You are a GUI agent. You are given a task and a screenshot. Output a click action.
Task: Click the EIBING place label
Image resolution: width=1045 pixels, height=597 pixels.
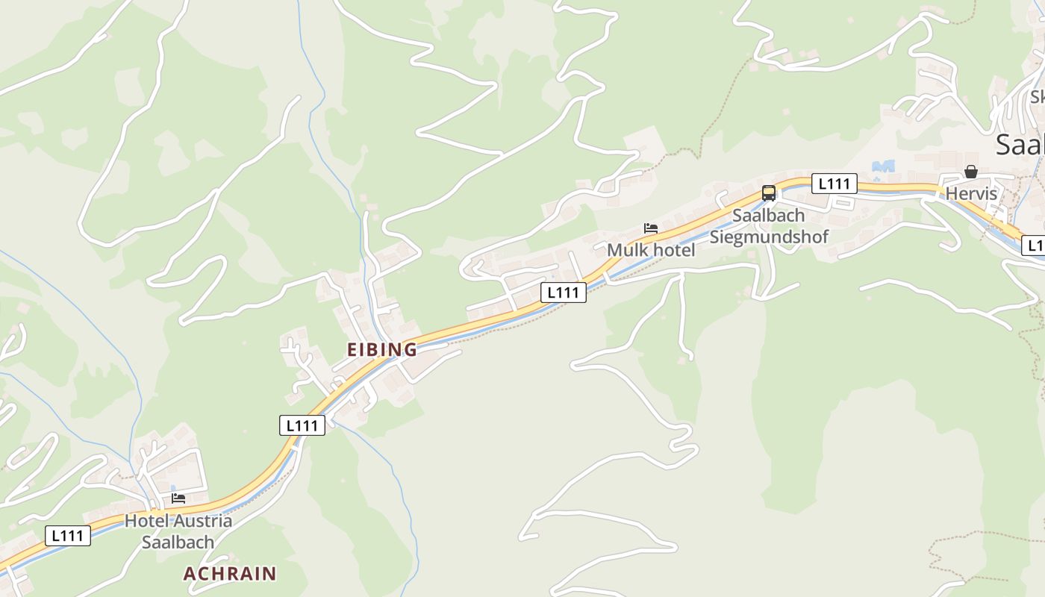click(x=381, y=349)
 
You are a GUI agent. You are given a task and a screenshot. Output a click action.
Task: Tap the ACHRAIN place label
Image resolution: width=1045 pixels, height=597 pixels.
click(x=230, y=574)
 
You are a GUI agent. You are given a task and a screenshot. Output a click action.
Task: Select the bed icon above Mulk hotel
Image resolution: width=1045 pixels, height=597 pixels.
click(x=651, y=228)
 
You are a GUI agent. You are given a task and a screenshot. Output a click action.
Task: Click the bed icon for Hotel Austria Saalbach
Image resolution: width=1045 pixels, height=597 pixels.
click(x=178, y=498)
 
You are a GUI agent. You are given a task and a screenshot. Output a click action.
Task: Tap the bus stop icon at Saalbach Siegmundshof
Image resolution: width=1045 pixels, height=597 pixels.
click(x=768, y=193)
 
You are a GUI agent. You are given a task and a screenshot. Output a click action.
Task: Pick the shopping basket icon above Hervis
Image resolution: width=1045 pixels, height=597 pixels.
click(x=970, y=172)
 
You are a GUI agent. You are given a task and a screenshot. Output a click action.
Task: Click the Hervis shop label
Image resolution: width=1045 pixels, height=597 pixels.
click(x=970, y=194)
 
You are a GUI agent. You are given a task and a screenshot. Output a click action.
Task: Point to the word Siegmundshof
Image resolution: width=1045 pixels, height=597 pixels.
click(x=768, y=237)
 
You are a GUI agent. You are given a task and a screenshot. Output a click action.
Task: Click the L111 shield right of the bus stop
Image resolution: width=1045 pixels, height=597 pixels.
click(x=835, y=184)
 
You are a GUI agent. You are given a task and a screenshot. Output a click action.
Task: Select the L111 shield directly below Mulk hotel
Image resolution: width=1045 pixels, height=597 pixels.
click(x=563, y=293)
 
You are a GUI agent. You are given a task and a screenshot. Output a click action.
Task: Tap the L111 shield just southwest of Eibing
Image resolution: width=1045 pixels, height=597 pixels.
click(x=302, y=425)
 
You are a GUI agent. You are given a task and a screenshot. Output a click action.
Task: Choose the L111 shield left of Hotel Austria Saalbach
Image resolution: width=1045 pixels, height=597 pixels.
click(x=68, y=535)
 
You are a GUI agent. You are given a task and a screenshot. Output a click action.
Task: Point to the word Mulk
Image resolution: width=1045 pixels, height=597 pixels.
click(x=625, y=250)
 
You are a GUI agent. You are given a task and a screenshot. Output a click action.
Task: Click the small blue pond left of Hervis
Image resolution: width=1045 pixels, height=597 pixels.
click(x=883, y=166)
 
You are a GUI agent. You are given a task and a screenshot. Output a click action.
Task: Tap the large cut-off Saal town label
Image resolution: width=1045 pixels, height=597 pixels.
click(x=1020, y=144)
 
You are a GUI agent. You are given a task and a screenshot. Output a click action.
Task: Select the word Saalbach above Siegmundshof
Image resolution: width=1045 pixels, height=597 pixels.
click(x=768, y=216)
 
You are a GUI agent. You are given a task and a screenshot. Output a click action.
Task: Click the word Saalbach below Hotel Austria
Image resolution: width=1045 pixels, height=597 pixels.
click(x=178, y=543)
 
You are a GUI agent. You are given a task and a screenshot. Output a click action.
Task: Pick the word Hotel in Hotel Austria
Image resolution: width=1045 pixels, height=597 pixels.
click(x=146, y=521)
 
